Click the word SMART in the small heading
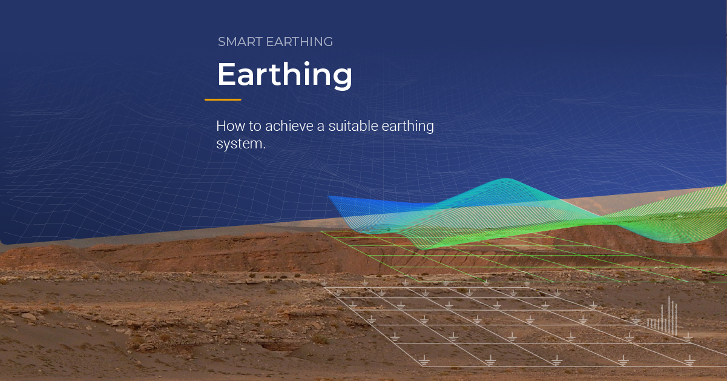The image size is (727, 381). (x=237, y=42)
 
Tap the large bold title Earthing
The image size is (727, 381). (x=285, y=75)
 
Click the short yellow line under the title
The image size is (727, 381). (x=223, y=99)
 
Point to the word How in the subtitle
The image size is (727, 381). (x=228, y=127)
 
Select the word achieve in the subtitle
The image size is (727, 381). (x=280, y=127)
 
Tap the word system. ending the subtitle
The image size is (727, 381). (x=240, y=145)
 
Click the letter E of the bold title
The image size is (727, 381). (x=226, y=75)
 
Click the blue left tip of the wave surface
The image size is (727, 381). (x=331, y=197)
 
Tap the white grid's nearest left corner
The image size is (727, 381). (x=422, y=365)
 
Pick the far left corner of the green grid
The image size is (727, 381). (x=321, y=231)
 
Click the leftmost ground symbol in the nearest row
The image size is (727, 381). (x=424, y=360)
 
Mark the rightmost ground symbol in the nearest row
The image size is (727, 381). (x=689, y=360)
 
